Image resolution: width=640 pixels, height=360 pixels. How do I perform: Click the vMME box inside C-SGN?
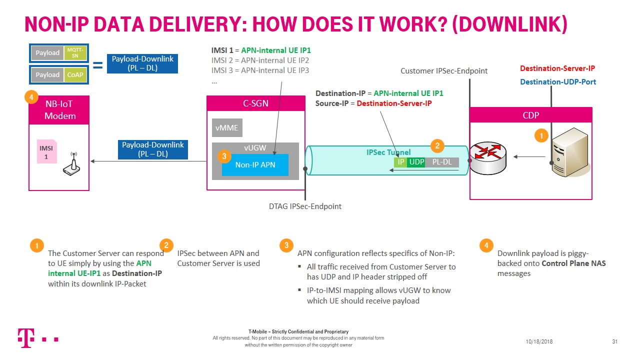227,128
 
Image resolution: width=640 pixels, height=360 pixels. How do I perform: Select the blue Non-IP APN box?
255,165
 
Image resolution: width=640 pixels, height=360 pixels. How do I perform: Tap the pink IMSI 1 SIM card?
46,151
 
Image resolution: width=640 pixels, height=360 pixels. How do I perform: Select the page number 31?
614,341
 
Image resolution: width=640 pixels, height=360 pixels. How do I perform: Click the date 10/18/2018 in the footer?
539,341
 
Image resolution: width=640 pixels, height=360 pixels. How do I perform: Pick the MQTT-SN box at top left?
74,53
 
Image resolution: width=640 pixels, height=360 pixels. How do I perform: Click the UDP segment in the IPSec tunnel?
416,162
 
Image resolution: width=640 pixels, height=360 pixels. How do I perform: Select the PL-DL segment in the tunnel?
441,162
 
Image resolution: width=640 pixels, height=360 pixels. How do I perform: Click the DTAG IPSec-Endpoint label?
305,206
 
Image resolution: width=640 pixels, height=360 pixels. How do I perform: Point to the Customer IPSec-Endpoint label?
444,71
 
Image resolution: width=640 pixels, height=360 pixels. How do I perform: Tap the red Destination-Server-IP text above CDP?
557,68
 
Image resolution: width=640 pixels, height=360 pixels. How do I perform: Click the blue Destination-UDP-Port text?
558,81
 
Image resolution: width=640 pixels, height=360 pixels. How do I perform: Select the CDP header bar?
530,115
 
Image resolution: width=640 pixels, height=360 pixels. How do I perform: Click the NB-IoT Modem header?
59,110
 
